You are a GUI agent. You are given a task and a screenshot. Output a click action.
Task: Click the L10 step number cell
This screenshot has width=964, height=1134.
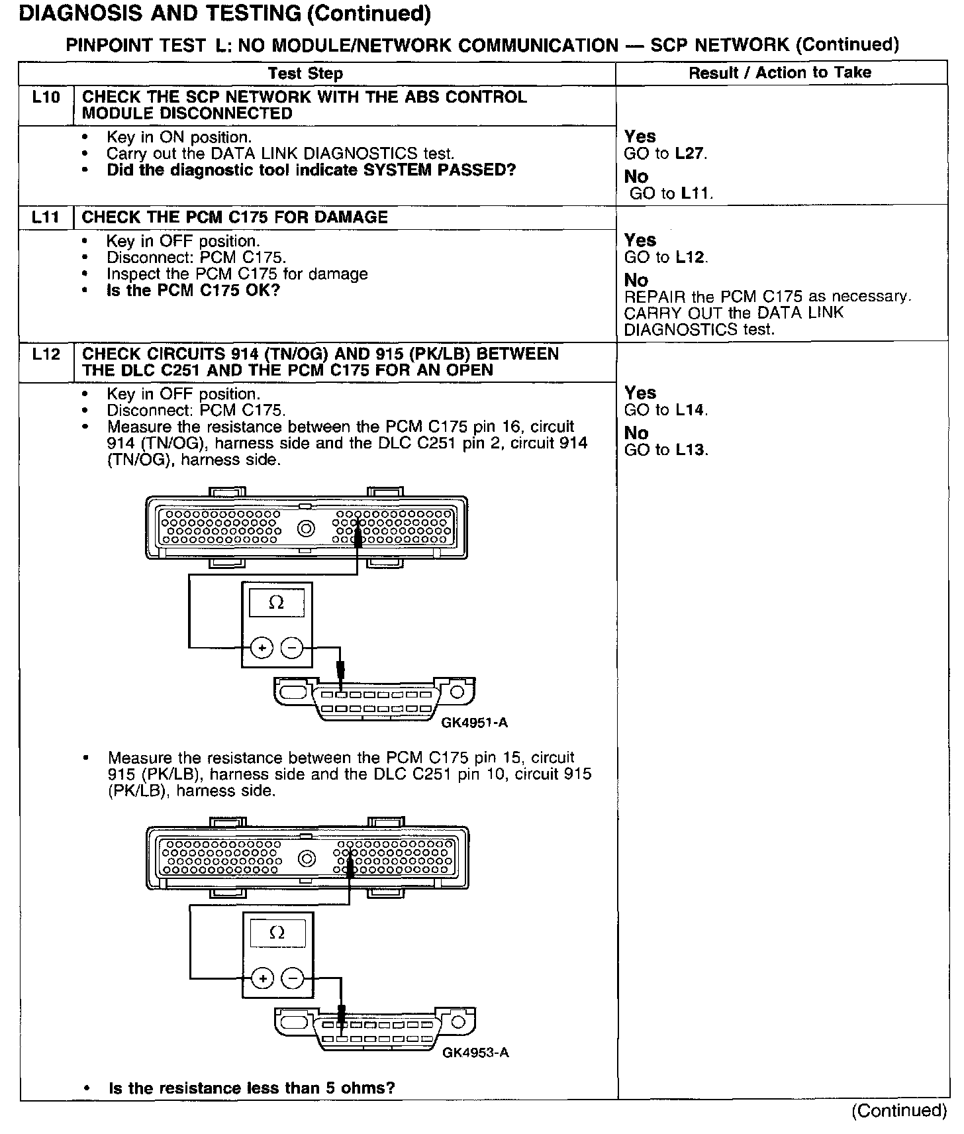point(46,98)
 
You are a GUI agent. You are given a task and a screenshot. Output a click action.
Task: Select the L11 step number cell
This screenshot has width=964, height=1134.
point(46,217)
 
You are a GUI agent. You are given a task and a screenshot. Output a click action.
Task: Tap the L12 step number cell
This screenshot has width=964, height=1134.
point(46,354)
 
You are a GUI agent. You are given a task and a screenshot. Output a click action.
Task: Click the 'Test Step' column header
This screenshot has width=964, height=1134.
point(305,74)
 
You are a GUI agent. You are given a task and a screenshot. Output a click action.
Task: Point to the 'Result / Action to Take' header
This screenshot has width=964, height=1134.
point(780,73)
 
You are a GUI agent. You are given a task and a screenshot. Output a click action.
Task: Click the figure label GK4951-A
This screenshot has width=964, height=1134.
point(474,723)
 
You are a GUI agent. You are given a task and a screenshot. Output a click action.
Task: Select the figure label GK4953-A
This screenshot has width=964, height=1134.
point(475,1053)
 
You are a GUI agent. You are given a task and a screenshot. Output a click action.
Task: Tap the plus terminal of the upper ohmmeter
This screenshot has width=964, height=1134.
point(262,648)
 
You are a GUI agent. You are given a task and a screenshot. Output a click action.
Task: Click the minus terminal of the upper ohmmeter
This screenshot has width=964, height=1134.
point(292,648)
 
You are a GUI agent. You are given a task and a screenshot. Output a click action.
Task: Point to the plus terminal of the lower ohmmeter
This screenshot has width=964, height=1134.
point(263,978)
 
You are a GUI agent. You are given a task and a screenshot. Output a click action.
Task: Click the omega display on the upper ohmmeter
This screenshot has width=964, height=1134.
point(277,603)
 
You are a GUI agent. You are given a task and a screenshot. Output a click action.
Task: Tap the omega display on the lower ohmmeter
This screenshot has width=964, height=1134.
point(277,933)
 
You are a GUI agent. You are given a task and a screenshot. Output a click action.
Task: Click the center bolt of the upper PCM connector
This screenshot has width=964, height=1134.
point(306,529)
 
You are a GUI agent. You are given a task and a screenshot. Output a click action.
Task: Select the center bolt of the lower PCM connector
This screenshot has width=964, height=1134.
point(307,859)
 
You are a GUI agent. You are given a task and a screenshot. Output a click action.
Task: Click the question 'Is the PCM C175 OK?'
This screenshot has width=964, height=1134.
point(193,290)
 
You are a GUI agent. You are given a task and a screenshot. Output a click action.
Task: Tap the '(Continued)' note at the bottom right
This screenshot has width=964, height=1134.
point(899,1110)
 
